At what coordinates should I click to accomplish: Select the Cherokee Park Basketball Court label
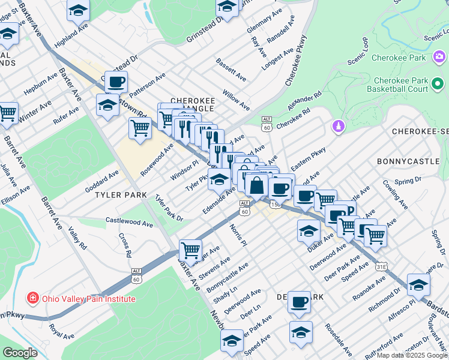400,85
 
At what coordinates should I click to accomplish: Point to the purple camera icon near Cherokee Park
439,58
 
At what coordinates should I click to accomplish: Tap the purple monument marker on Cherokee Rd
338,127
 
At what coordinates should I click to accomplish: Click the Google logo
20,353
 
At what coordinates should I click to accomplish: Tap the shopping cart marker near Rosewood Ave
140,128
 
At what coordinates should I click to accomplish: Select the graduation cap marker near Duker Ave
309,230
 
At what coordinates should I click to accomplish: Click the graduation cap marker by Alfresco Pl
418,284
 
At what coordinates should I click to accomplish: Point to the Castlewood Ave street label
129,222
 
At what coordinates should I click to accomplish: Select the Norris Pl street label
237,235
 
